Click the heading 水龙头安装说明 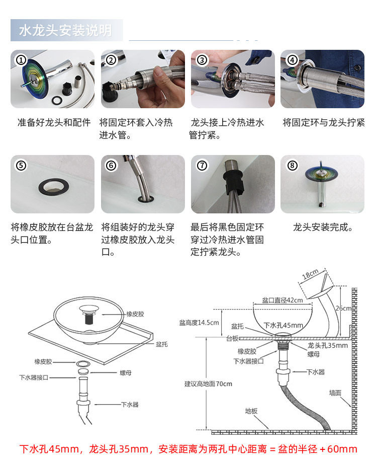click(65, 30)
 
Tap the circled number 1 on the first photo click(21, 60)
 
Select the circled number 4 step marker click(292, 60)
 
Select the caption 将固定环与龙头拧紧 click(323, 122)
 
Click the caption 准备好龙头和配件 click(54, 122)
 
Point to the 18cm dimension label click(311, 275)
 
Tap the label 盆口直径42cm click(282, 300)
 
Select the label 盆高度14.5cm click(199, 322)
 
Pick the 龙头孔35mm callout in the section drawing click(327, 345)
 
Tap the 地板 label click(251, 411)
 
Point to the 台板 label click(232, 338)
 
